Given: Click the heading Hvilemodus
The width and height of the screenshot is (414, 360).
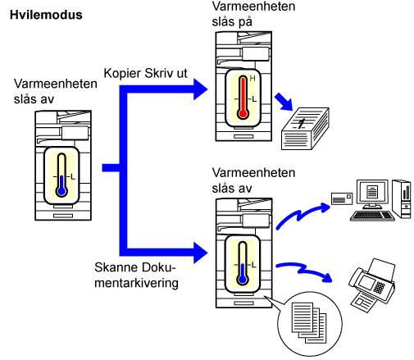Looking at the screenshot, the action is pos(46,15).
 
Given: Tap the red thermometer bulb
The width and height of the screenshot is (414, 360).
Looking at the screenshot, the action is pos(243,113).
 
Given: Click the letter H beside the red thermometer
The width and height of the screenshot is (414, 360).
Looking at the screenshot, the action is pos(252,79).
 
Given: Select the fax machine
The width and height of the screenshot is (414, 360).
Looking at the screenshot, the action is pos(372,285).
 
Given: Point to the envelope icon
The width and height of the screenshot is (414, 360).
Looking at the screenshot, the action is pos(342,198).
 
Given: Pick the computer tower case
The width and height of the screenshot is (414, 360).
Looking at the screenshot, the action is pos(401,198).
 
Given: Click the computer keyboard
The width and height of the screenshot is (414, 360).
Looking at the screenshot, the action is pos(372,216).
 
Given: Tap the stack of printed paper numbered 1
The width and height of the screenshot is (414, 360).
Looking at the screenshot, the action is pos(305,129).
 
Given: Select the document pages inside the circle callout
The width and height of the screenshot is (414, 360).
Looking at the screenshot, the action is pos(309,322).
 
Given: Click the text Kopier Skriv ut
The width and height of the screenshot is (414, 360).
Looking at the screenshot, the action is pos(145,73).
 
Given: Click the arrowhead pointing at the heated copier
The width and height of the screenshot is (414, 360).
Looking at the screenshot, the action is pos(200,89).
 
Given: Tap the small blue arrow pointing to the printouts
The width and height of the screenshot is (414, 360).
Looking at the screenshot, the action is pos(284,102).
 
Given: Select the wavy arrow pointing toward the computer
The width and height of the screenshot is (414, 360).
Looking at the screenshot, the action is pos(303,215).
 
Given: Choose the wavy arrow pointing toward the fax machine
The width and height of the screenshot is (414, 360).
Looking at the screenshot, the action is pos(303,271).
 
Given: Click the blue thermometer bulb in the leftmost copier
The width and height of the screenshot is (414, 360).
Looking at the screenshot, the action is pos(61,191).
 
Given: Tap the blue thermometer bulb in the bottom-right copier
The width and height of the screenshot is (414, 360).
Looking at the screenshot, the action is pos(243,280).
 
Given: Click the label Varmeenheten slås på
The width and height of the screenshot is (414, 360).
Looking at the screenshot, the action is pos(253,14).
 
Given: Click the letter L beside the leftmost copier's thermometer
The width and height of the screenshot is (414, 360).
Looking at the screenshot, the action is pos(73,177).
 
